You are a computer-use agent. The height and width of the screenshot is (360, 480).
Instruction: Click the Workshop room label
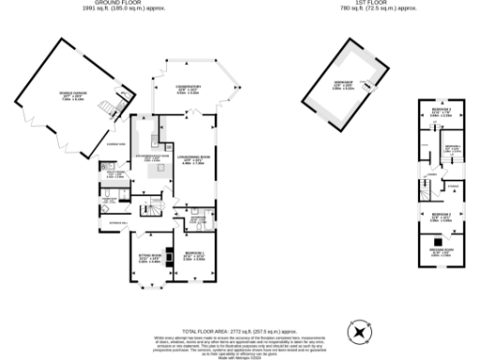pos(343,85)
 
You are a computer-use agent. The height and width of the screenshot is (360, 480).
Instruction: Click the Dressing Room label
pos(441,250)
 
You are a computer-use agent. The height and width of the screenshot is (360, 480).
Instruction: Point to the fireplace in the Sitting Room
pos(168,254)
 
